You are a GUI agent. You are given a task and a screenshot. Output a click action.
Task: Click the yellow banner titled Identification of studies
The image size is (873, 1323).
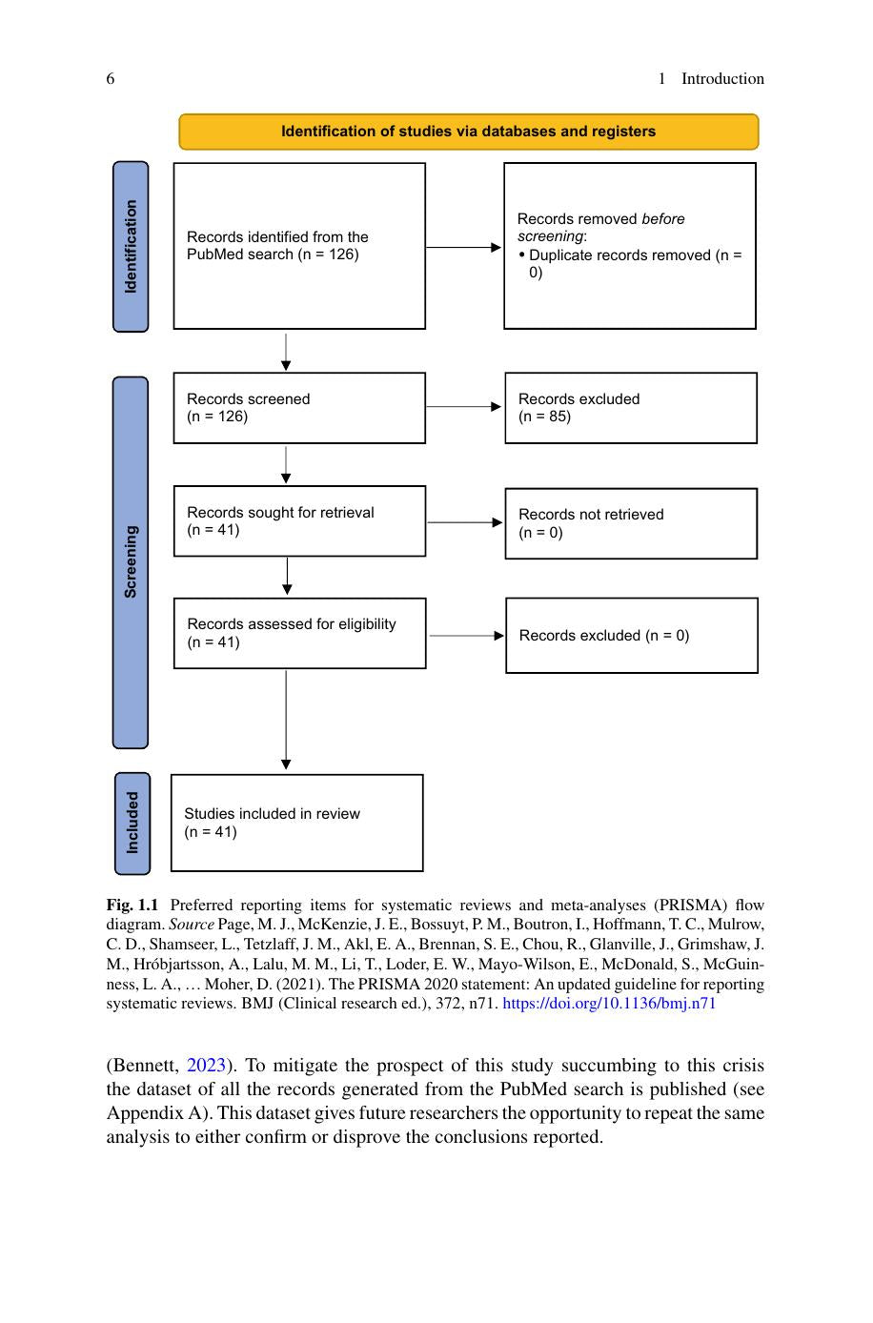[468, 132]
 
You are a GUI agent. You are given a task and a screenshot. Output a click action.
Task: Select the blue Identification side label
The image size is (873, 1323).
[131, 246]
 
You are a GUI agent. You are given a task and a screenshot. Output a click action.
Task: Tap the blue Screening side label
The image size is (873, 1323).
[131, 562]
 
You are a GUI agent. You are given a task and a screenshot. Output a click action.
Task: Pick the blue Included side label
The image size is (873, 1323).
[132, 823]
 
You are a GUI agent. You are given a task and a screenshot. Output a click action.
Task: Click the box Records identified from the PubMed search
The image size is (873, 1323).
[299, 246]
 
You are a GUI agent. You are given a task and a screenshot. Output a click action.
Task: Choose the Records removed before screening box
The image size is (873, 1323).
[630, 246]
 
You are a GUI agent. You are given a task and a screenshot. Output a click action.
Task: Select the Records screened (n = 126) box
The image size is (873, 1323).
[299, 408]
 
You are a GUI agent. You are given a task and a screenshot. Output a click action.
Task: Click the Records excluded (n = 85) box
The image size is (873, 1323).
[631, 408]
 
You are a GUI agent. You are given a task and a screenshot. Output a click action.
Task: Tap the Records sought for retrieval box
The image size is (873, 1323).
[299, 521]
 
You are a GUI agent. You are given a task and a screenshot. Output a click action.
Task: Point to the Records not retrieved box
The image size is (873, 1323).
[631, 523]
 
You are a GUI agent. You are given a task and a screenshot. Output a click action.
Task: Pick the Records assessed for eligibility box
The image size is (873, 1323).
[299, 633]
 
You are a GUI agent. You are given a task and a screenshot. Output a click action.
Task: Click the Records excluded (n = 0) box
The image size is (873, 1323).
[632, 635]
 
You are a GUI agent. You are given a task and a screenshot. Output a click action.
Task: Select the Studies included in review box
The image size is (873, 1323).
[297, 823]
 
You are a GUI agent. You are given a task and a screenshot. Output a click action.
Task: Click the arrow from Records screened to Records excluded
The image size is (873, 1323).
[464, 406]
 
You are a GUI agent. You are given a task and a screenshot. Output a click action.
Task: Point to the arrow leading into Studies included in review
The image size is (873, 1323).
[286, 720]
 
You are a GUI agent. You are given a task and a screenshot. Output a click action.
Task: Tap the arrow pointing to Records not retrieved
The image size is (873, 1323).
[465, 522]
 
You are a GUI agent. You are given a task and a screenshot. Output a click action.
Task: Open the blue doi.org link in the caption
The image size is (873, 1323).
[609, 1004]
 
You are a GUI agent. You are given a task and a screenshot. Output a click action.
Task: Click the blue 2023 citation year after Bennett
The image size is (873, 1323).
[206, 1065]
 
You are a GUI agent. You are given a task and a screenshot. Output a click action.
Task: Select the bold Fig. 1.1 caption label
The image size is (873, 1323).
[132, 905]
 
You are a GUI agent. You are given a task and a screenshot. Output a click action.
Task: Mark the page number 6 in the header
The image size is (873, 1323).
[111, 78]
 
